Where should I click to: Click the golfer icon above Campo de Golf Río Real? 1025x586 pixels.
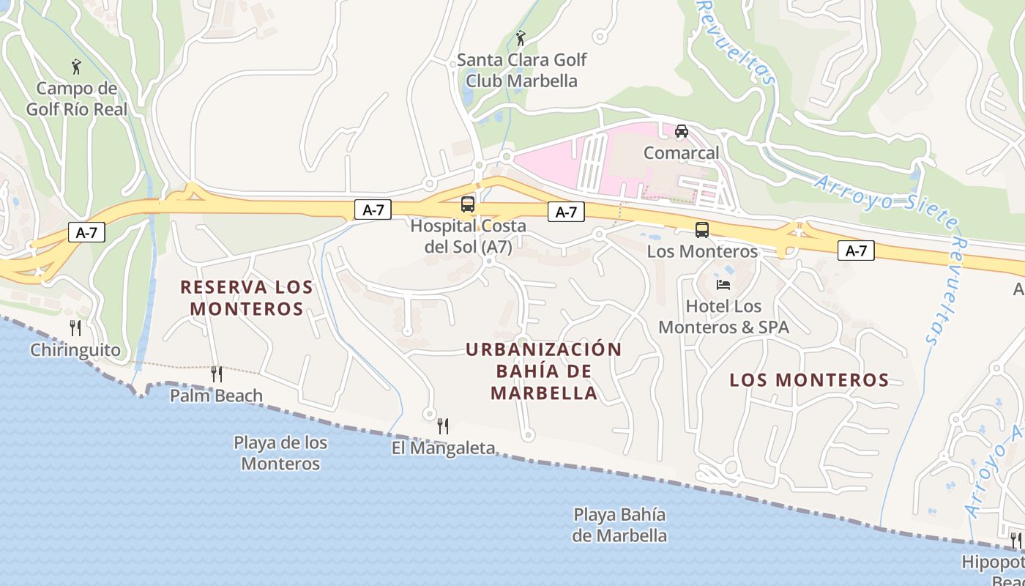pyautogui.click(x=76, y=67)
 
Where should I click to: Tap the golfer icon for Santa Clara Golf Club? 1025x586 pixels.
pyautogui.click(x=521, y=38)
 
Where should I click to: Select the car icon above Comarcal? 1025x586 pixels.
pyautogui.click(x=682, y=131)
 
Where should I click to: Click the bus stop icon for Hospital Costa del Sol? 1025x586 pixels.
pyautogui.click(x=468, y=204)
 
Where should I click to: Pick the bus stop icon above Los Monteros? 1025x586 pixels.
pyautogui.click(x=702, y=230)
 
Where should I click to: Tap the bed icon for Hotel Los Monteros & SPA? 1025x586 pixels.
pyautogui.click(x=723, y=284)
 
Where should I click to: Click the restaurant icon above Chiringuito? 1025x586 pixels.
pyautogui.click(x=75, y=327)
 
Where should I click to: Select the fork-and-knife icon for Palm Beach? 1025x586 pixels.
pyautogui.click(x=216, y=374)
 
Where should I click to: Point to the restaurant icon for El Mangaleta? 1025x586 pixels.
pyautogui.click(x=443, y=426)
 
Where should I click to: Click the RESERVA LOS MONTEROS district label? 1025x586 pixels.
pyautogui.click(x=247, y=297)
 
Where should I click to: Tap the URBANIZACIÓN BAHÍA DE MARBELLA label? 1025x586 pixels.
pyautogui.click(x=544, y=371)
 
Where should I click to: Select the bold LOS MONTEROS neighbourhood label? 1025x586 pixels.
pyautogui.click(x=809, y=380)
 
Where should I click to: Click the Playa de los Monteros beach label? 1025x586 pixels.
pyautogui.click(x=280, y=453)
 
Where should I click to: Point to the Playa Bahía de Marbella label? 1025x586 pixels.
pyautogui.click(x=619, y=524)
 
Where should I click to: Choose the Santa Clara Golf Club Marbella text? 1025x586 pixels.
pyautogui.click(x=522, y=70)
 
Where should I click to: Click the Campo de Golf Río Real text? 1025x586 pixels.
pyautogui.click(x=77, y=99)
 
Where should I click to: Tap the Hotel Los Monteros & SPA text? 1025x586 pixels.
pyautogui.click(x=723, y=316)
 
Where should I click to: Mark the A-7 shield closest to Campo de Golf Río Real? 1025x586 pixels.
pyautogui.click(x=86, y=233)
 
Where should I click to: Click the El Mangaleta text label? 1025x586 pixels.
pyautogui.click(x=443, y=448)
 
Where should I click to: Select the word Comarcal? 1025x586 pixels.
pyautogui.click(x=681, y=153)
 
